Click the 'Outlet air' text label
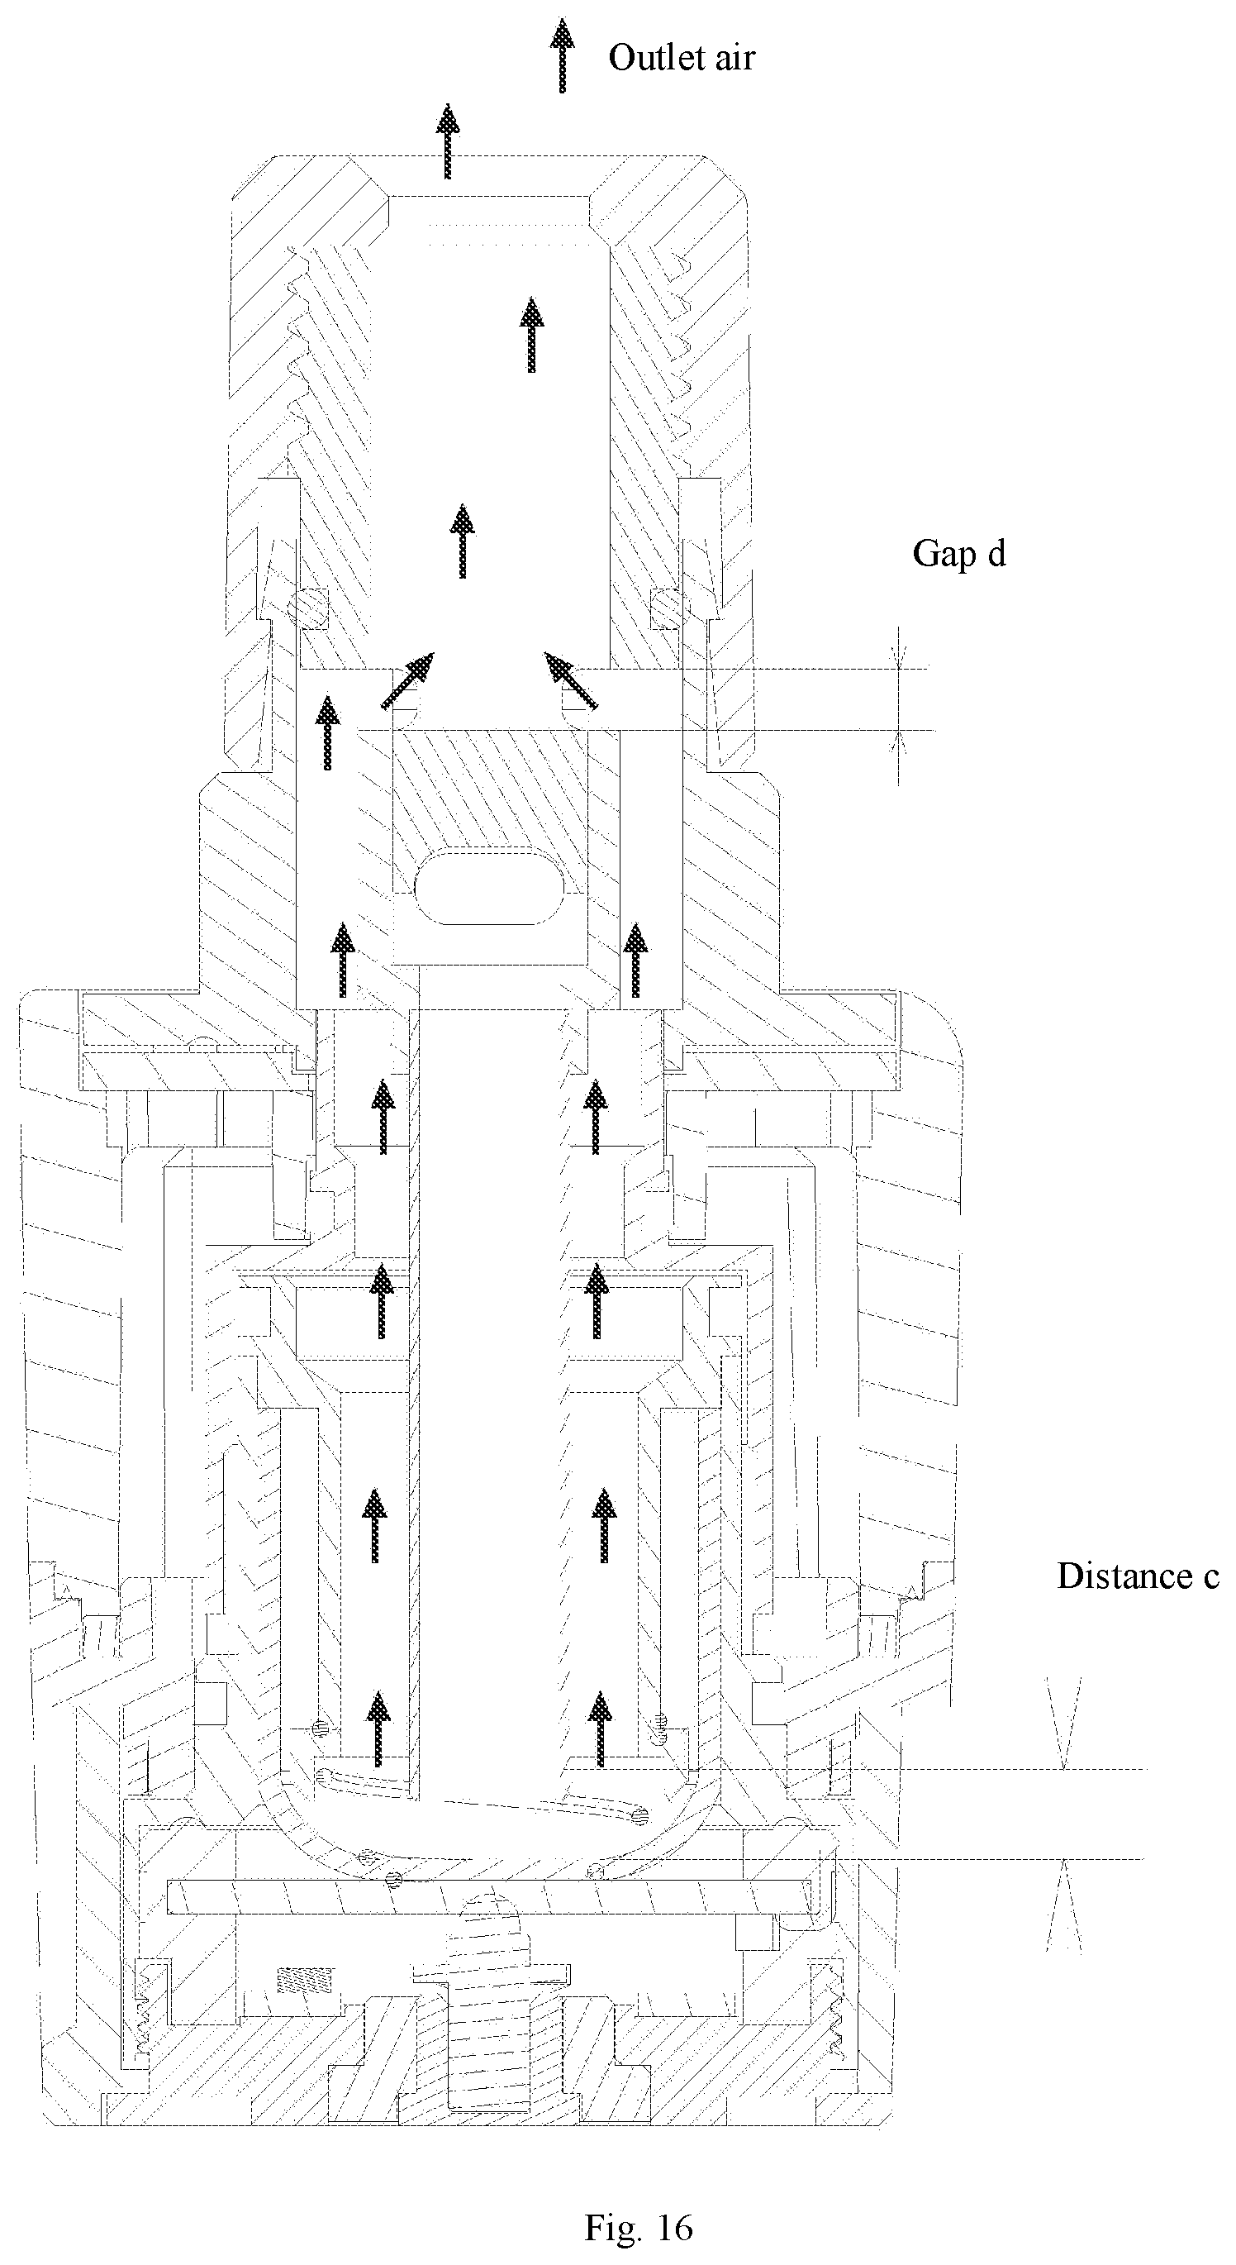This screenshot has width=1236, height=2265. (682, 58)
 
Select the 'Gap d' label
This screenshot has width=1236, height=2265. (959, 554)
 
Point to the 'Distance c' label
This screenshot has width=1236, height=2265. (1138, 1576)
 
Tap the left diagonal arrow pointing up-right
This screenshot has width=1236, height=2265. (408, 680)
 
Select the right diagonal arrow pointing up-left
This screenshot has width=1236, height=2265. (571, 680)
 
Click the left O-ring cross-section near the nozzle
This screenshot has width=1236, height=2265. (305, 608)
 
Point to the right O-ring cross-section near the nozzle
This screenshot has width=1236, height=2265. (669, 608)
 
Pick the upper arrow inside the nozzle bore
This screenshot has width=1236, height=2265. (531, 335)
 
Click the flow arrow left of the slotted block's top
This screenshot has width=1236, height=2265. (328, 732)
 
